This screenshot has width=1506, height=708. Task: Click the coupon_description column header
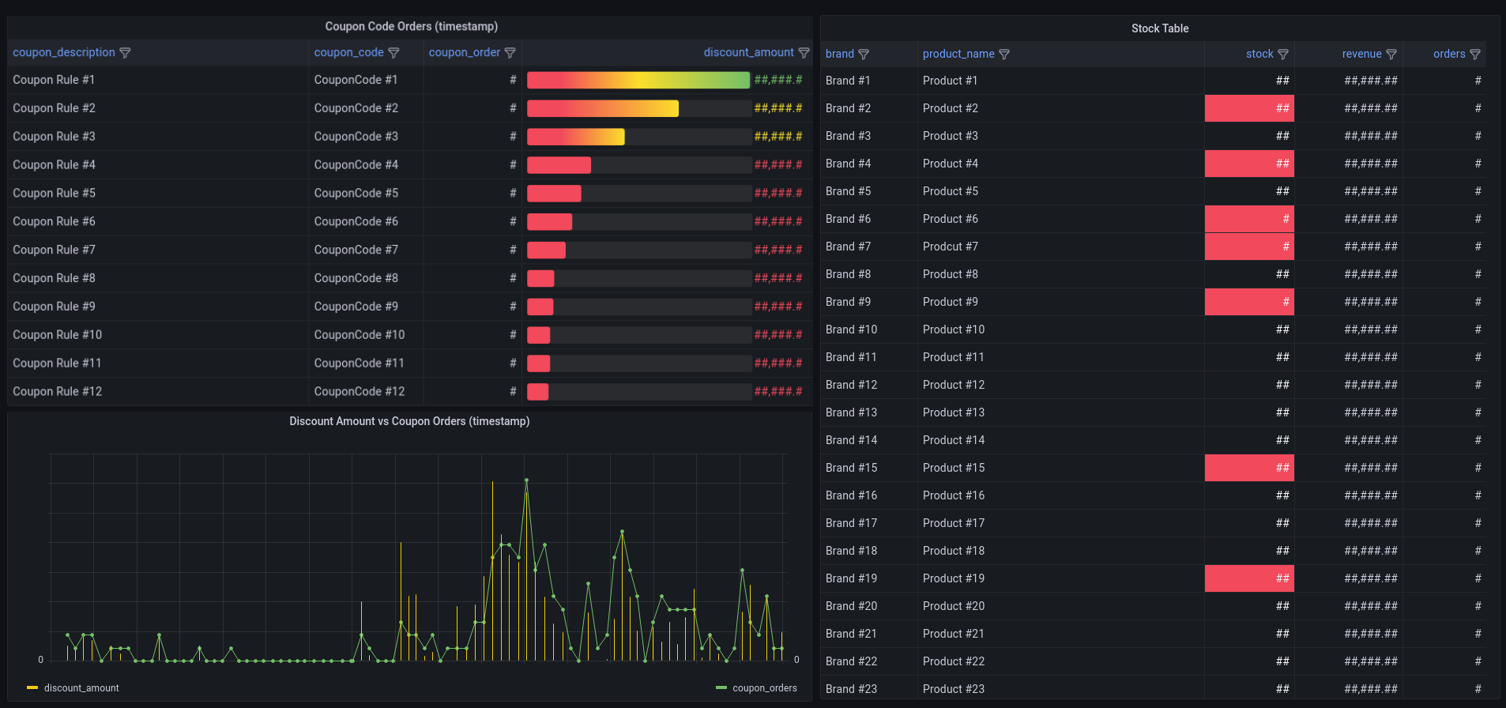64,52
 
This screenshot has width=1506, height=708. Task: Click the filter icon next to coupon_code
393,53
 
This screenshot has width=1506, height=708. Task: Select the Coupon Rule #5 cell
54,193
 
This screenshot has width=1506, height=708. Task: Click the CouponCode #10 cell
360,334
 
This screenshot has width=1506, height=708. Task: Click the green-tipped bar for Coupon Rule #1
638,80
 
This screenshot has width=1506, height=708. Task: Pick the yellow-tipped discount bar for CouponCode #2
602,108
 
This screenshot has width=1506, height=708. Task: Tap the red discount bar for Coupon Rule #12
538,391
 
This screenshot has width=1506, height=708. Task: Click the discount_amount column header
748,52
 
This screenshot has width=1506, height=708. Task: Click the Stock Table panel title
1159,28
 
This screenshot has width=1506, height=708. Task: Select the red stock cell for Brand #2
1249,108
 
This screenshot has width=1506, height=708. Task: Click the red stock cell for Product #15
1249,468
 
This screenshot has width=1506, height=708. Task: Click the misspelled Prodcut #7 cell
950,247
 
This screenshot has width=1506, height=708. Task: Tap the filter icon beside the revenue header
1391,55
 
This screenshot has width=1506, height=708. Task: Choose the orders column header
1449,54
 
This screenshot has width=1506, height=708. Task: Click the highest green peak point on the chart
526,480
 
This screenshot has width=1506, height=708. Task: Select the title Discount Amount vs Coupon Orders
409,421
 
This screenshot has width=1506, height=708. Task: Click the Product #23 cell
953,689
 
